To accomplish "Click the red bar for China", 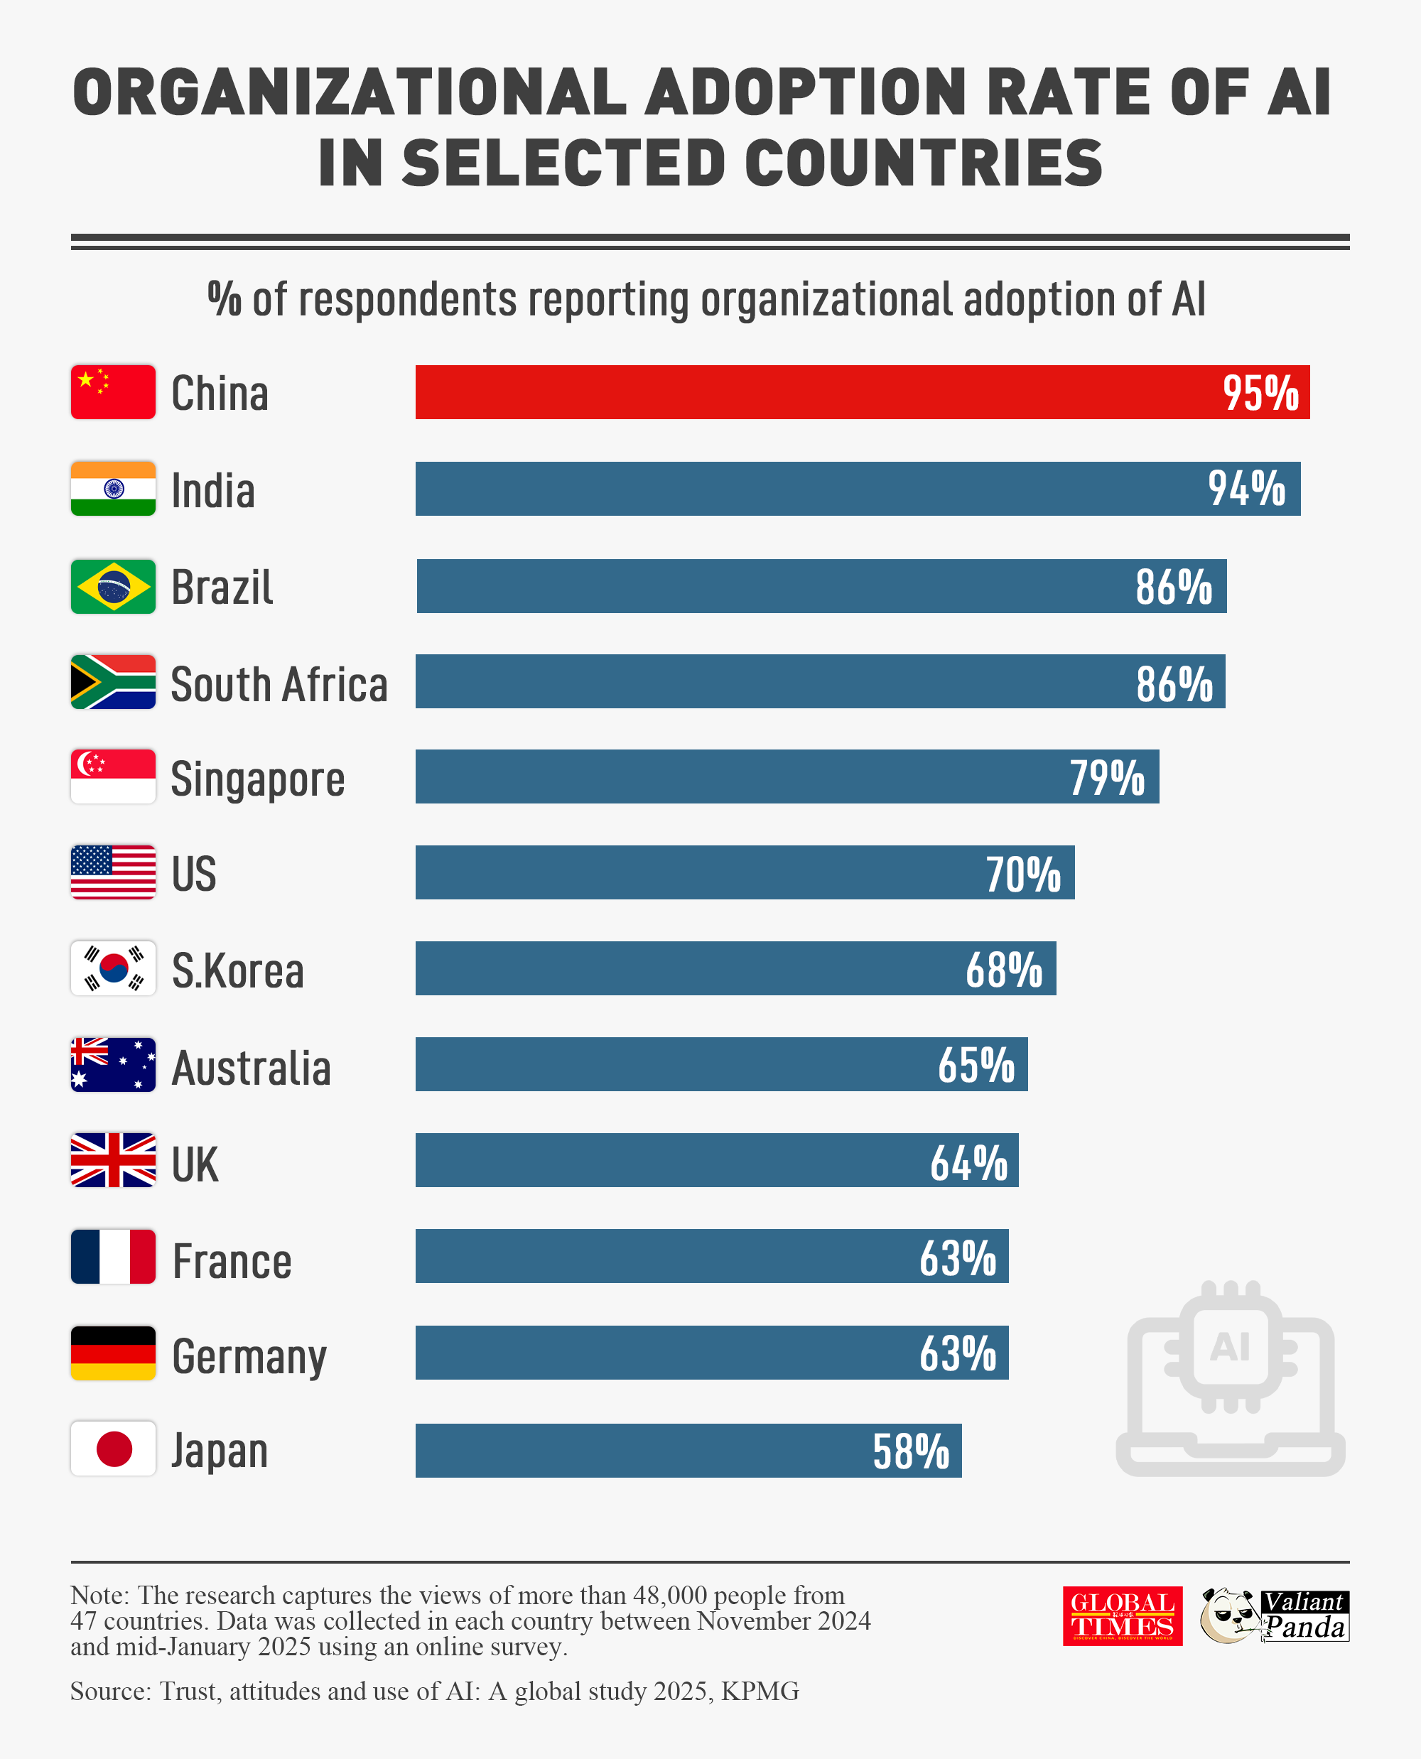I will click(x=818, y=392).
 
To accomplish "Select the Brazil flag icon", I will click(x=113, y=586).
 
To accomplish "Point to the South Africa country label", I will click(x=279, y=683).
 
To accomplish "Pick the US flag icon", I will click(x=113, y=872).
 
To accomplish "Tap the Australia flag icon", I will click(x=113, y=1065).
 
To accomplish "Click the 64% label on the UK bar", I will click(x=968, y=1162).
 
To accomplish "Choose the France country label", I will click(x=232, y=1260).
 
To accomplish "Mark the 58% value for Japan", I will click(x=910, y=1451).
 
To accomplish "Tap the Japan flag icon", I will click(x=113, y=1449).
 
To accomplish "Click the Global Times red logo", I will click(x=1122, y=1615).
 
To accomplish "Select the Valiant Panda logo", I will click(x=1274, y=1615).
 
